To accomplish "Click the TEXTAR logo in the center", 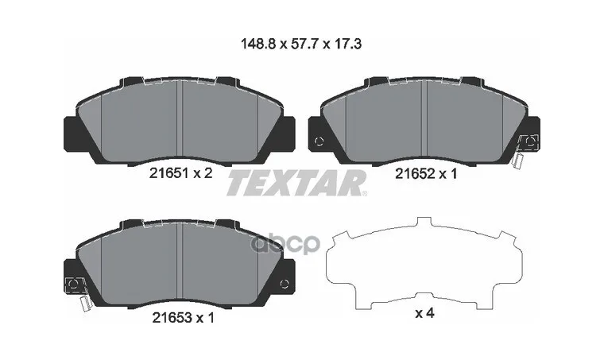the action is click(296, 183).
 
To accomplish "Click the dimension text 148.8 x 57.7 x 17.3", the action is click(301, 45).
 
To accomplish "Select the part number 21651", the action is click(168, 174).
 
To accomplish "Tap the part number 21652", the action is click(415, 174).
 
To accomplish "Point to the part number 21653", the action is click(172, 318).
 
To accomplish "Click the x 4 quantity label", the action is click(424, 313).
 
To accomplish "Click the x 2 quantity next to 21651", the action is click(203, 174).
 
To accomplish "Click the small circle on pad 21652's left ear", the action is click(319, 141).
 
